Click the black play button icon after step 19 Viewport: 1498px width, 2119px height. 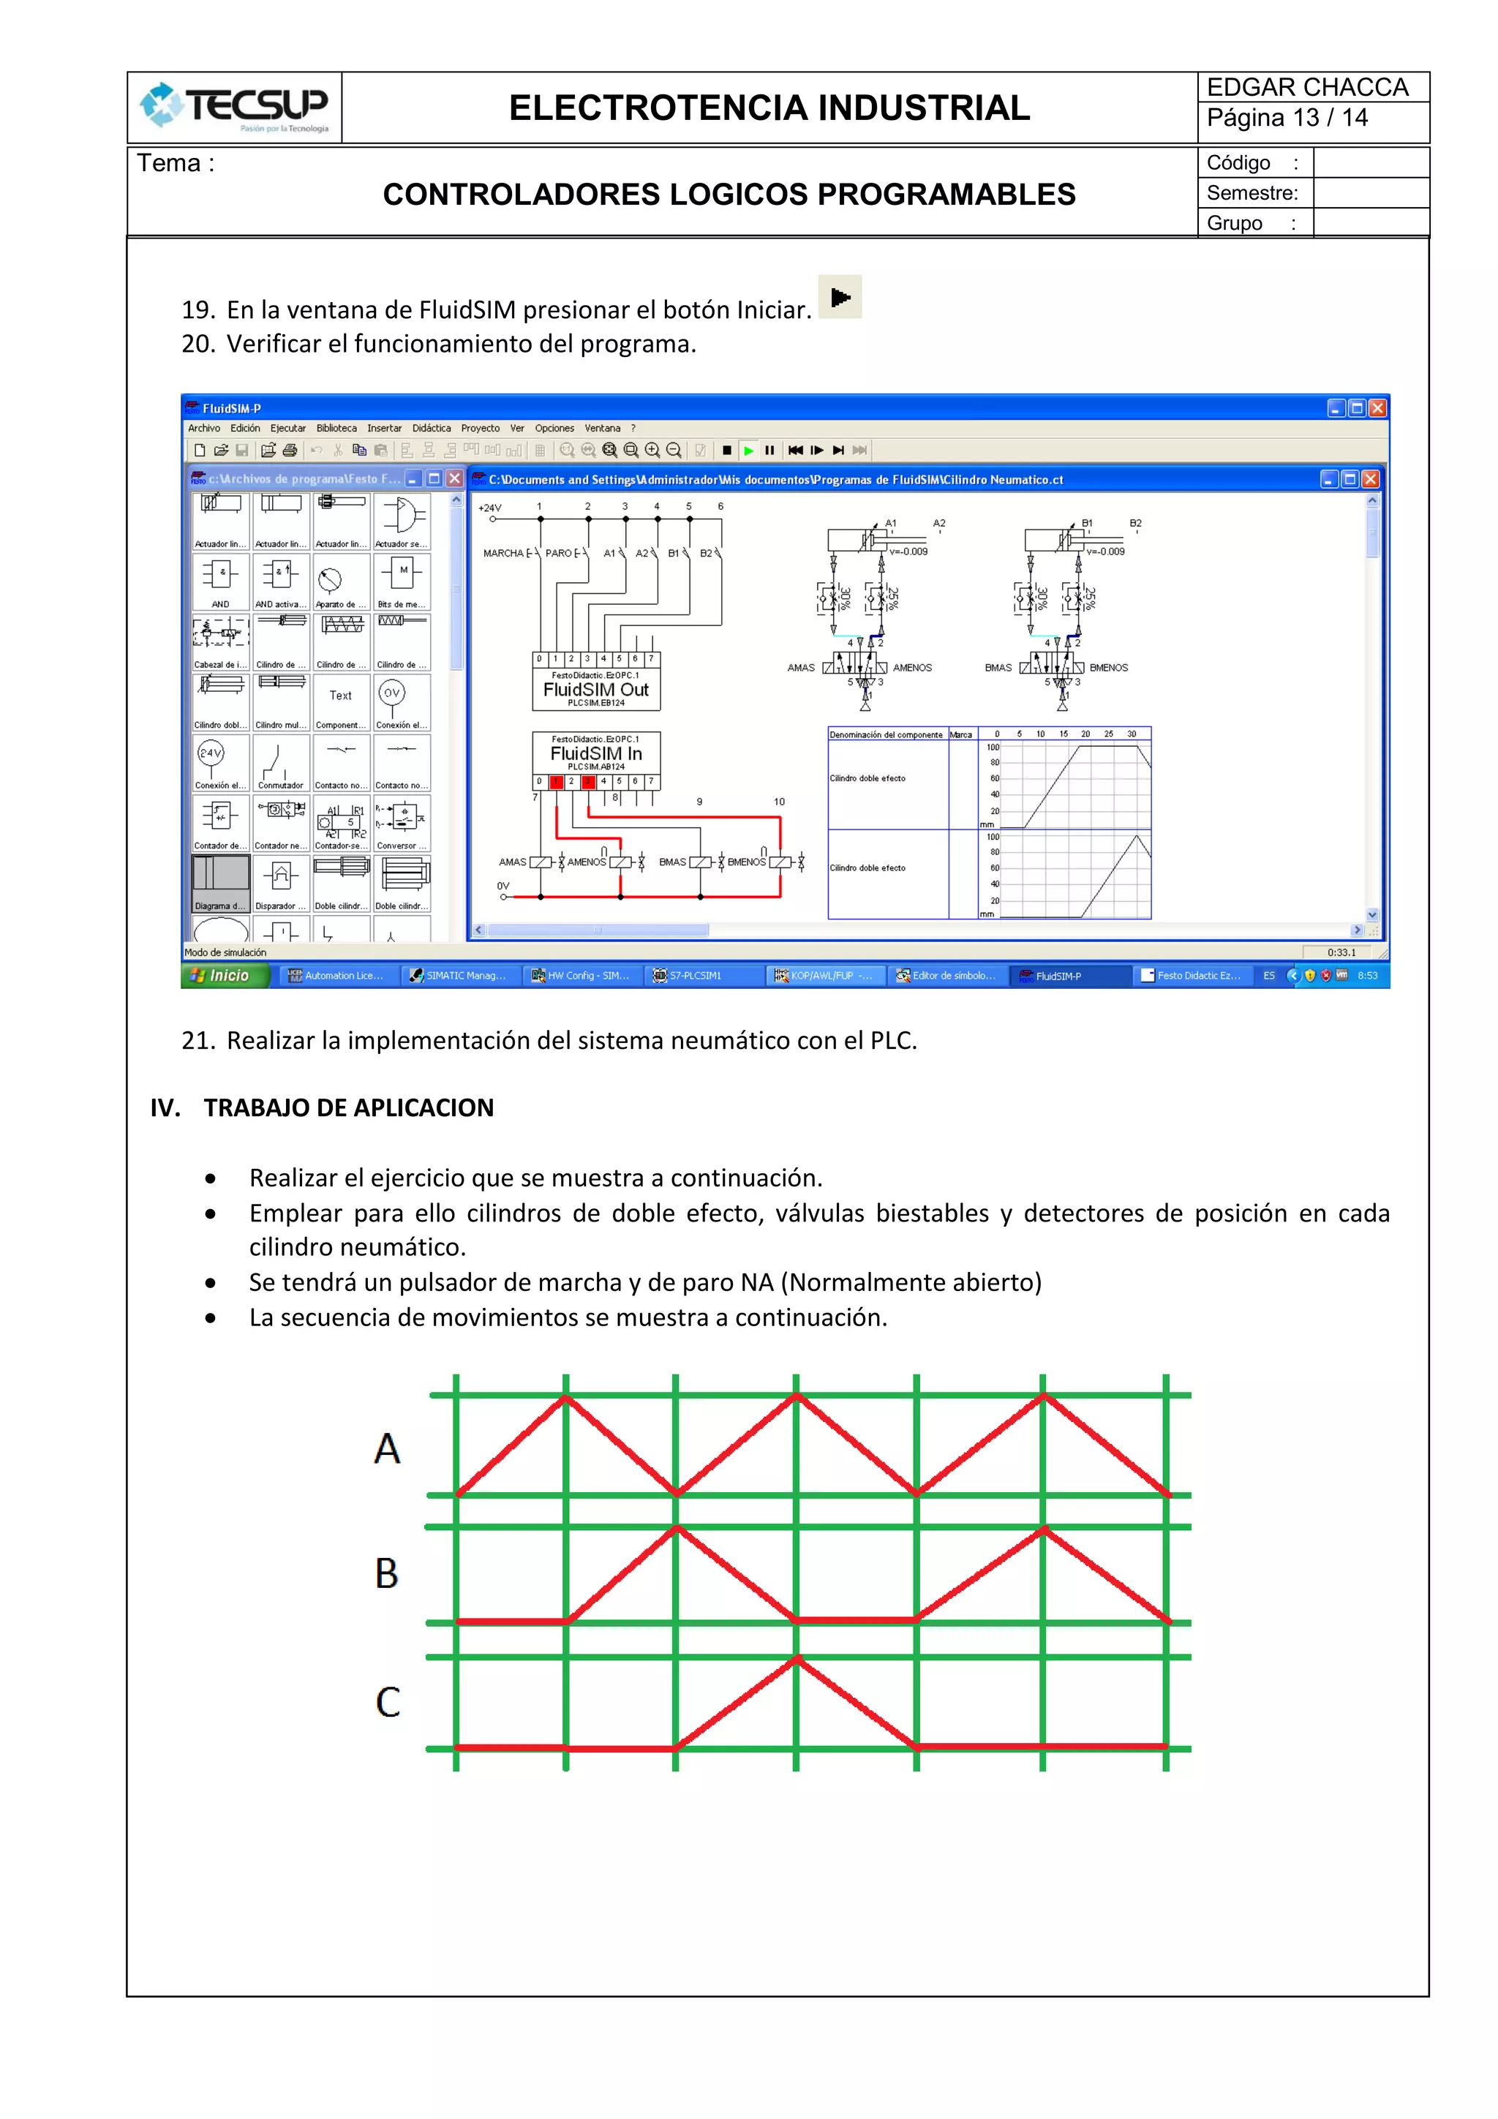pos(840,297)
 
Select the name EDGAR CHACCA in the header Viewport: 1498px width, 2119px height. pos(1307,88)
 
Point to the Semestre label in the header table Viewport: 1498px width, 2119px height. pos(1252,193)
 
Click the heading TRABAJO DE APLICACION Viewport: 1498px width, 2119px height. pos(348,1107)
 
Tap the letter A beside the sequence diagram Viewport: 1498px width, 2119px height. pos(388,1448)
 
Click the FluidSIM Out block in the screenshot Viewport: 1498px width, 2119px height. pos(596,690)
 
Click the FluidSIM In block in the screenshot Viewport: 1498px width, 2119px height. pos(596,753)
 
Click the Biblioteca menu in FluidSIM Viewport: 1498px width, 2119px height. pos(336,428)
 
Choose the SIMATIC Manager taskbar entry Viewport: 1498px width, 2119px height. pos(459,976)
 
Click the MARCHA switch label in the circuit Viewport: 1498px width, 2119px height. pos(503,553)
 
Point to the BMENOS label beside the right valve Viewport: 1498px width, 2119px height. pos(1108,667)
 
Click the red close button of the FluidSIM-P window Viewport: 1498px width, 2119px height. pos(1377,408)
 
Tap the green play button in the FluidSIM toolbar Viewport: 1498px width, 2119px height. pos(748,451)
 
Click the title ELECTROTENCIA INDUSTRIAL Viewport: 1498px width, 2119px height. pos(769,108)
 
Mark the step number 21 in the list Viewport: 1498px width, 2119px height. pos(197,1040)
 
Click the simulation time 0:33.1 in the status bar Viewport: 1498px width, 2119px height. pos(1341,952)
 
